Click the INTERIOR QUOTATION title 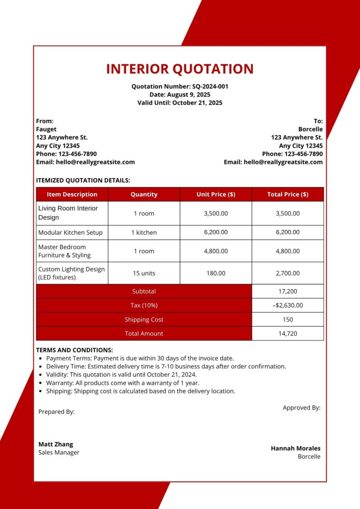(180, 69)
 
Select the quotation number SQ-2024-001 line (180, 86)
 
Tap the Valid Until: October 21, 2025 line (180, 103)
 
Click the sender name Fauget (46, 129)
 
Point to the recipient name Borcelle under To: (310, 129)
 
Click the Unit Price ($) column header (216, 194)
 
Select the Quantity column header (144, 194)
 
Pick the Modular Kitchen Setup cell (70, 232)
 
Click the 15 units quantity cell (144, 273)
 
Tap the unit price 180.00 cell (216, 273)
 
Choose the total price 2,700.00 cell (287, 273)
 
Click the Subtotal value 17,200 (287, 291)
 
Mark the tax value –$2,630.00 (287, 305)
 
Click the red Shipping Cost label (144, 320)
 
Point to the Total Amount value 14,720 (287, 334)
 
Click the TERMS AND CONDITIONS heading (75, 350)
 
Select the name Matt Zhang (56, 444)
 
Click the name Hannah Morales (295, 449)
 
